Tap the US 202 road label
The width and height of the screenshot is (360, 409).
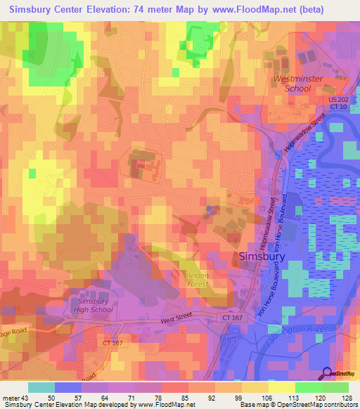[339, 99]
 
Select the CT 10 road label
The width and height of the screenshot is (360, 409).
[339, 107]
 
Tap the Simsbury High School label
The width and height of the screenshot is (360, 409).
[91, 305]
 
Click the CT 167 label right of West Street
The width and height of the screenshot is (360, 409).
[236, 319]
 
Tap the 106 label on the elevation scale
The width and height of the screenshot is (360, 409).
[262, 398]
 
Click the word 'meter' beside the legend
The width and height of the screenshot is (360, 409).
[10, 398]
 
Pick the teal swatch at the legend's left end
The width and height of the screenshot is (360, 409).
[41, 387]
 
